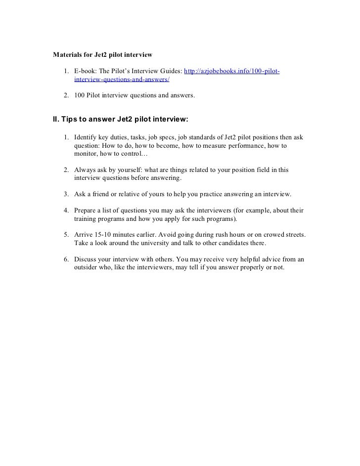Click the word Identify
pyautogui.click(x=87, y=136)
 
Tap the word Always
pyautogui.click(x=85, y=169)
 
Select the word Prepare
pyautogui.click(x=87, y=211)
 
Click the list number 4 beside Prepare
pyautogui.click(x=66, y=211)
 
